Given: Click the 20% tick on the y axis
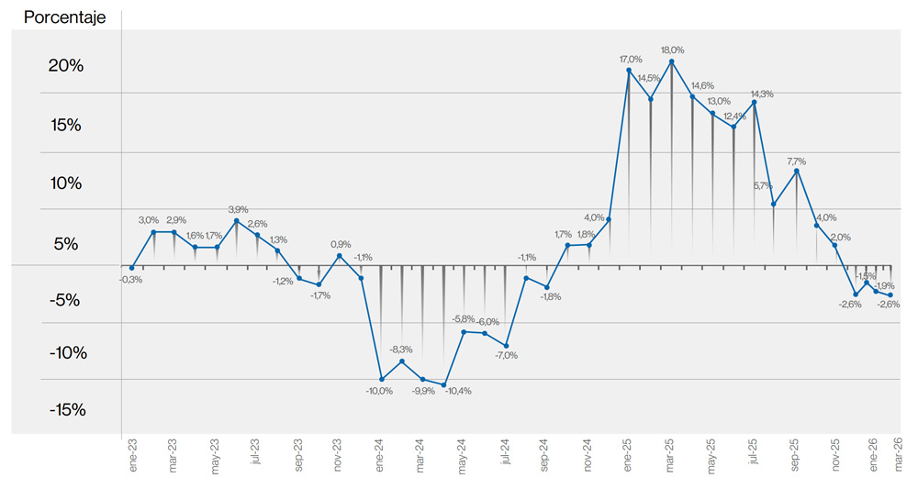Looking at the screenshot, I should click(66, 66).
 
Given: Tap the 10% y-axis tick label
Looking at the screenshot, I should click(66, 183).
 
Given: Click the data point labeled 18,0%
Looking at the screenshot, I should click(672, 61).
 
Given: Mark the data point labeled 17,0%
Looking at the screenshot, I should click(630, 70).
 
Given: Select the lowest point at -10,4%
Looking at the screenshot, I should click(443, 385).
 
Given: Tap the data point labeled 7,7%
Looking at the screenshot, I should click(796, 171).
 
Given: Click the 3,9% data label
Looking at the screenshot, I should click(237, 209).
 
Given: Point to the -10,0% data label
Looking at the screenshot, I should click(379, 391).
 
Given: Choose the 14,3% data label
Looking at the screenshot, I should click(761, 94).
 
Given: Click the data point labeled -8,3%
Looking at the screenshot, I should click(401, 361).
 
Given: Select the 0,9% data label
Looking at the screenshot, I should click(340, 244).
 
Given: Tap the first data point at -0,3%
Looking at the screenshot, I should click(131, 268).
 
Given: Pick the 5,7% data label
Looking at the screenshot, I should click(762, 185).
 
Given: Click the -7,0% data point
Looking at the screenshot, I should click(506, 345).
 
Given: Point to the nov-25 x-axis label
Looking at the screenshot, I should click(836, 456).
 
